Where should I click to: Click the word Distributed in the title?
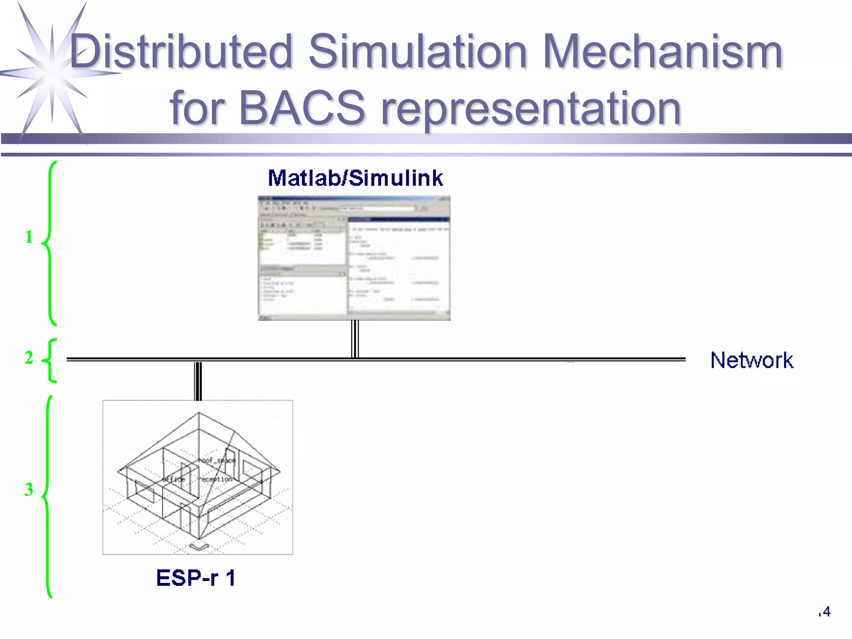[x=181, y=52]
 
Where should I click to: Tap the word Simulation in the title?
[x=418, y=52]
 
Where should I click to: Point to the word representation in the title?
[x=531, y=109]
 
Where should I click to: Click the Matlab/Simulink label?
[x=355, y=178]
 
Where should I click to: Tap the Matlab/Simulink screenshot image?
[x=354, y=258]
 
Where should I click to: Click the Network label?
[x=751, y=360]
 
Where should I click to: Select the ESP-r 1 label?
[x=196, y=578]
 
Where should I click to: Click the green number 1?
[x=29, y=237]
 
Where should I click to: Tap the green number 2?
[x=29, y=358]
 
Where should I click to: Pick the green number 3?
[x=29, y=490]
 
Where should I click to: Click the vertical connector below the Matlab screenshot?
[x=355, y=339]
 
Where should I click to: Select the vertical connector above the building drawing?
[x=198, y=381]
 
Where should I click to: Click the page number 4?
[x=826, y=612]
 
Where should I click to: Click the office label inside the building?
[x=174, y=479]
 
